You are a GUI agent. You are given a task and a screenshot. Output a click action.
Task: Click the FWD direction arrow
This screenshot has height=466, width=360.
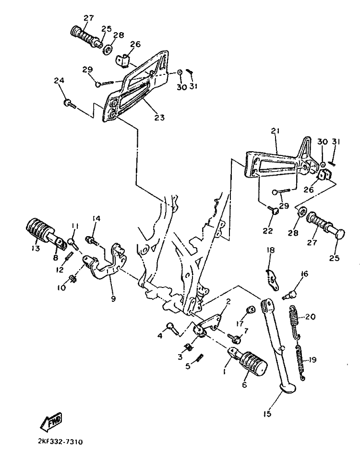click(x=51, y=421)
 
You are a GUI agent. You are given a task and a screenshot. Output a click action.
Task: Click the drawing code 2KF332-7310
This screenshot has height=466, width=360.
click(x=60, y=442)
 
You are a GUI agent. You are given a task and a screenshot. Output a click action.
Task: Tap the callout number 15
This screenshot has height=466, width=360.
click(x=267, y=413)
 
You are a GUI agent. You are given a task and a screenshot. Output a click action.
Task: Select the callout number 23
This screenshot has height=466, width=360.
click(x=159, y=118)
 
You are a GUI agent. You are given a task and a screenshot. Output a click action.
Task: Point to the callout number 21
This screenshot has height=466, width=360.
click(x=275, y=131)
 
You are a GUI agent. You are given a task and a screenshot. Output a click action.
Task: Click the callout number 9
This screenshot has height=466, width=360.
click(x=113, y=299)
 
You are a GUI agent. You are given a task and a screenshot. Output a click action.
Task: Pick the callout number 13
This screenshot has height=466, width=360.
click(x=35, y=248)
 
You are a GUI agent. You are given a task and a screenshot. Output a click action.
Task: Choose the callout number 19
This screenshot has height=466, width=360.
click(x=312, y=360)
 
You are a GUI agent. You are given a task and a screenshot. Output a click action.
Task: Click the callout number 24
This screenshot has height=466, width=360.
click(x=59, y=80)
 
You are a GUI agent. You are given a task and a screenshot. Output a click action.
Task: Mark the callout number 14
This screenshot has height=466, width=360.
click(x=96, y=219)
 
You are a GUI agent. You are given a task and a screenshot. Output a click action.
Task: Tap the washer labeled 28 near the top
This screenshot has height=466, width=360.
click(x=108, y=49)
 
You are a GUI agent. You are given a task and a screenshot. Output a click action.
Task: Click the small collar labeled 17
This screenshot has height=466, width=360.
click(x=251, y=310)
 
